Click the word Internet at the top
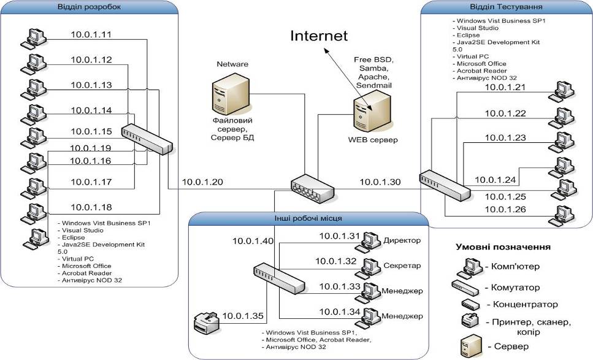click(319, 36)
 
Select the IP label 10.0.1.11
click(91, 35)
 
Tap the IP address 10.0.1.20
click(202, 182)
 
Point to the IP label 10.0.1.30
click(380, 182)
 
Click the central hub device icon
click(313, 188)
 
